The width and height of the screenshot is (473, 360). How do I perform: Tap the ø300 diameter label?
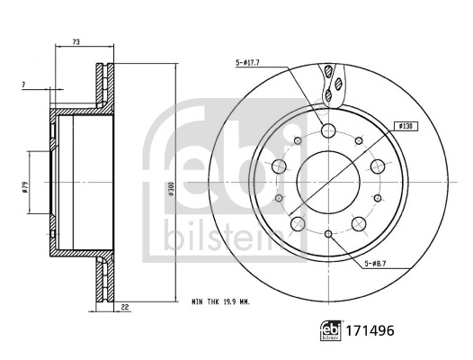(181, 191)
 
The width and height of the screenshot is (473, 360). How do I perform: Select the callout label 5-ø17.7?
(248, 63)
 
